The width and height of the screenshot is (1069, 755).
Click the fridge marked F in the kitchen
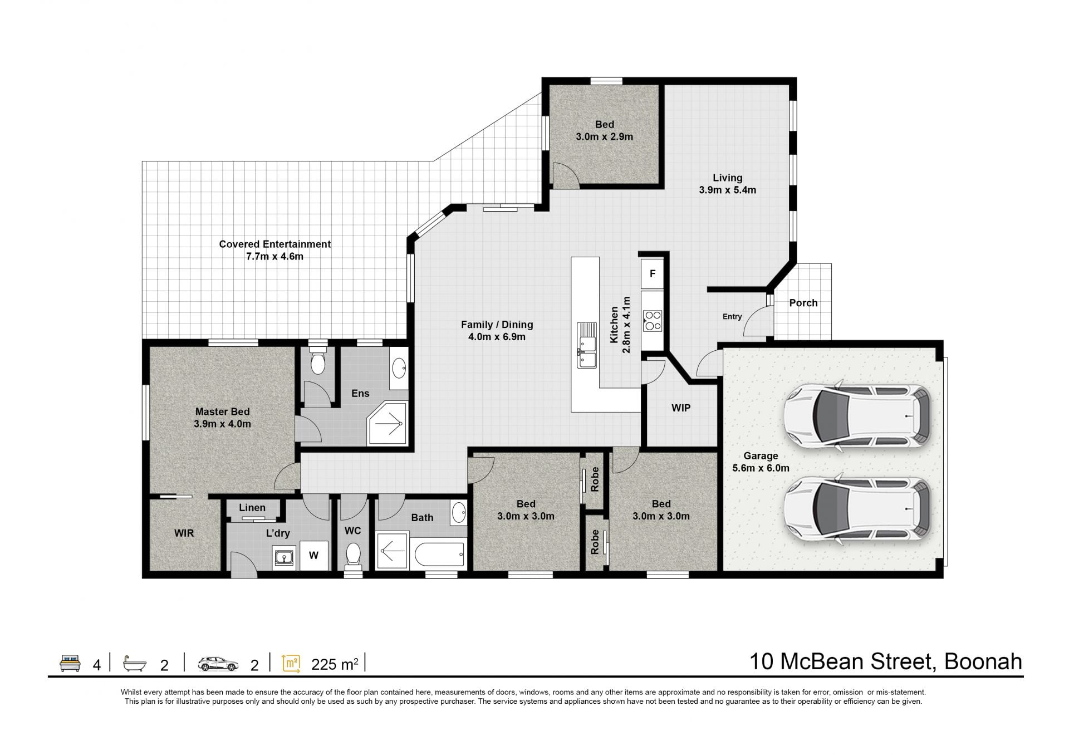[x=652, y=273]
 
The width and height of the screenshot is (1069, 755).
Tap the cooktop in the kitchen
[x=652, y=320]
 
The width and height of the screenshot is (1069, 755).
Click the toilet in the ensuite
[x=318, y=361]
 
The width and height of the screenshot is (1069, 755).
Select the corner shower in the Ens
[x=388, y=424]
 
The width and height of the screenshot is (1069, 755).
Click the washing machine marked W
[x=314, y=555]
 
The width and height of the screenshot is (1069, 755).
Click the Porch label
[x=803, y=303]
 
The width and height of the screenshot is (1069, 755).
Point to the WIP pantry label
[x=681, y=408]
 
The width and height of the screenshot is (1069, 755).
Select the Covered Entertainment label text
[x=274, y=244]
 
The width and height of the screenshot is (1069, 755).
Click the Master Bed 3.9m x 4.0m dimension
[x=223, y=424]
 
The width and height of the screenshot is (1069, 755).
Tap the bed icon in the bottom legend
[x=70, y=664]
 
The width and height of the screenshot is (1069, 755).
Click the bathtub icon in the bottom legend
[x=135, y=664]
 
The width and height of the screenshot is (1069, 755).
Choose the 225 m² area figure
[x=335, y=664]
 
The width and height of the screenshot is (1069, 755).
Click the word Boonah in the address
[x=983, y=661]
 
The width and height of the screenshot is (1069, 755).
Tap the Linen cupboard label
[x=252, y=508]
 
